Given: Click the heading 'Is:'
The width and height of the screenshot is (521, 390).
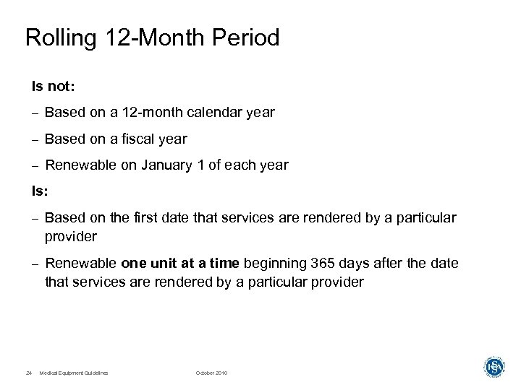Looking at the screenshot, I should point(41,191).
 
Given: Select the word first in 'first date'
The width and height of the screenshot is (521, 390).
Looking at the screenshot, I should point(130,218).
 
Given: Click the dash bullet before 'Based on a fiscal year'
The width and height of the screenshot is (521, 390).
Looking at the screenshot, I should point(33,139).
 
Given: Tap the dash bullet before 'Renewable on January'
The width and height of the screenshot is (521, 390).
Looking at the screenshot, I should point(33,166).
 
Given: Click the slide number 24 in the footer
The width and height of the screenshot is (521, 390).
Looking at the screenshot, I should point(28,373).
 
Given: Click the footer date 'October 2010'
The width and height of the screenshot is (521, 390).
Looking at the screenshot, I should point(211,373).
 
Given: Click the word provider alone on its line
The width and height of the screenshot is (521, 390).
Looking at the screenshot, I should point(71,236).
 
